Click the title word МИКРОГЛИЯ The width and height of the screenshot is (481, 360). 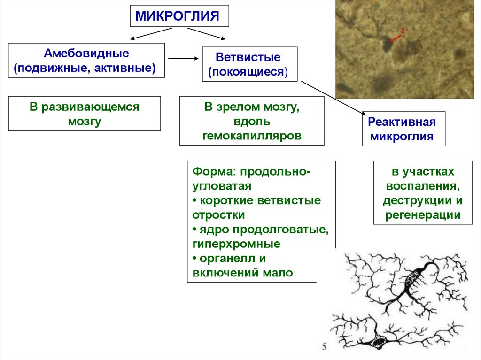(x=178, y=17)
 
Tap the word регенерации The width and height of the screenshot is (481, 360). (x=422, y=216)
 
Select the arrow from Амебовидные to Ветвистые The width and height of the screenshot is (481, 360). (x=183, y=58)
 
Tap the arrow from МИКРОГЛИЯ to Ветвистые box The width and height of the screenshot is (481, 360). (x=206, y=34)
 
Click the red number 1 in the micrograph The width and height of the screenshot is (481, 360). (x=403, y=31)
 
